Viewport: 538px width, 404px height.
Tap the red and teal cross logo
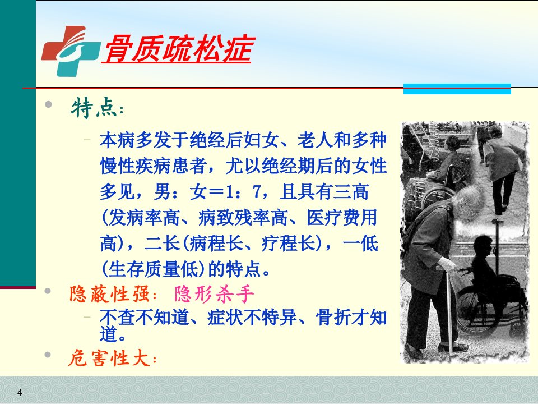(x=71, y=51)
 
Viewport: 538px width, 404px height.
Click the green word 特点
(x=92, y=108)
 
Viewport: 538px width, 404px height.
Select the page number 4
(x=20, y=392)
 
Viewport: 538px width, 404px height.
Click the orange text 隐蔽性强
(x=109, y=295)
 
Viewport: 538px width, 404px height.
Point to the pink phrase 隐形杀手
(x=214, y=295)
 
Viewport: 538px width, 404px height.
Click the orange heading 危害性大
(x=109, y=359)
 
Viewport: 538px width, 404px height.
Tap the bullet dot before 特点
(x=48, y=104)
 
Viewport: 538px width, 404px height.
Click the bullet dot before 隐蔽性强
(x=48, y=291)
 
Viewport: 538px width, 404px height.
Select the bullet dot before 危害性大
(x=48, y=355)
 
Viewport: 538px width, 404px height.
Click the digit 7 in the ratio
(x=257, y=192)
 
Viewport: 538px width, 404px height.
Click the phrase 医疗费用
(x=342, y=218)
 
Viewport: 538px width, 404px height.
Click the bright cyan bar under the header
(x=457, y=89)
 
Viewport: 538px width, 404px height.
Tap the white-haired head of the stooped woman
(x=467, y=203)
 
